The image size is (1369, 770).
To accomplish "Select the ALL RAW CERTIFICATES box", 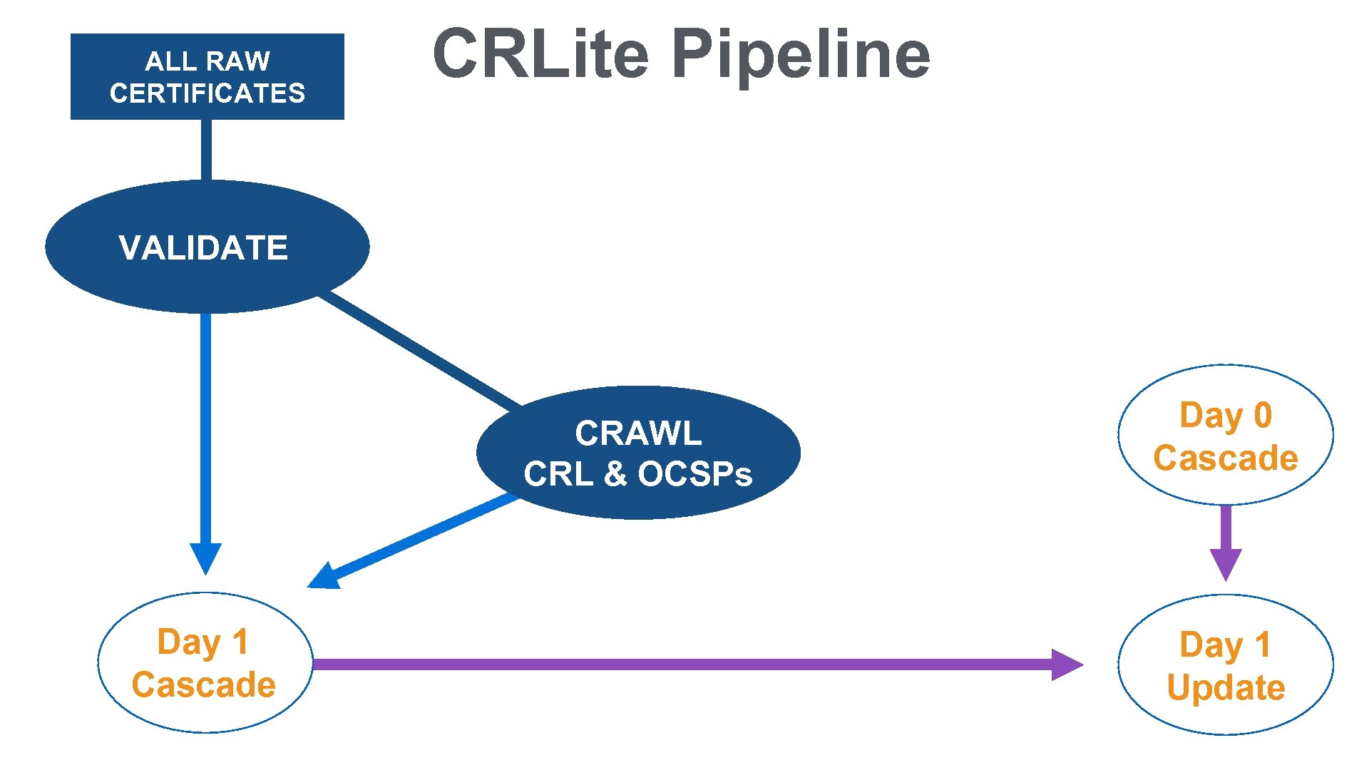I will coord(207,76).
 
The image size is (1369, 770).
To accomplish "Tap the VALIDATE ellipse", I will coord(207,247).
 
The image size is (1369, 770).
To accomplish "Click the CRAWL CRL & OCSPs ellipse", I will coord(637,453).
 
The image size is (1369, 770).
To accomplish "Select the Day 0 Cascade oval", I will coord(1225,435).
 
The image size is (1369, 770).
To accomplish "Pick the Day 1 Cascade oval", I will coord(205,662).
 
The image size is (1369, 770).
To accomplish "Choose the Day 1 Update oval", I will coord(1225,664).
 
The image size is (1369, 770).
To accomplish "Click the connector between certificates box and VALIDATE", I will coord(206,150).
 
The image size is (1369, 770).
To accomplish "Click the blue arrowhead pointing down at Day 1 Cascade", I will coord(205,558).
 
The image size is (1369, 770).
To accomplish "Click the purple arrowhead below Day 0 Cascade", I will coord(1226,563).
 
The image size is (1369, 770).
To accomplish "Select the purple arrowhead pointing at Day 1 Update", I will coord(1067,664).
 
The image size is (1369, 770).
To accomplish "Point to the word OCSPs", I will coord(694,474).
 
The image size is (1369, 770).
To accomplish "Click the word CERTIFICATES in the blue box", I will coord(207,93).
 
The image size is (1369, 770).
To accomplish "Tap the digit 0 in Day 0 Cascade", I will coord(1262,415).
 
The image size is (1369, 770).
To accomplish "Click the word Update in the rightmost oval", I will coord(1225,687).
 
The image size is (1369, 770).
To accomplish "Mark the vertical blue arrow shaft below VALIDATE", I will coord(206,428).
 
